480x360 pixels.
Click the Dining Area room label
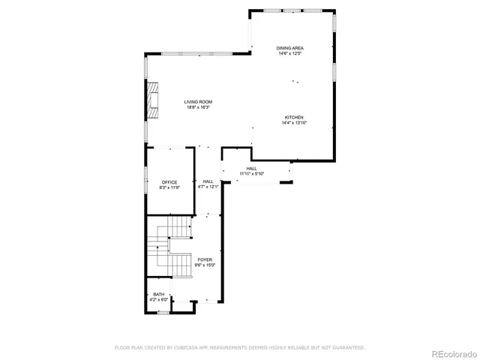pos(290,48)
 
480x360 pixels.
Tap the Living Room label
pos(199,102)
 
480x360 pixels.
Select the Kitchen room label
pos(294,117)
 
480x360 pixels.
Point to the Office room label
pos(169,181)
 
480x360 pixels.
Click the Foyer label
pos(205,259)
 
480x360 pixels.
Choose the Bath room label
pos(158,294)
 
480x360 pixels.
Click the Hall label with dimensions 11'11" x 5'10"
pos(252,169)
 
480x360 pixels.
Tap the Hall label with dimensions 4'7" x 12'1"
pos(208,181)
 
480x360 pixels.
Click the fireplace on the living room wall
pos(153,99)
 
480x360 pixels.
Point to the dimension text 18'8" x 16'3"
pos(199,107)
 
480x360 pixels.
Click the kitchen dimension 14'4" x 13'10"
pos(294,122)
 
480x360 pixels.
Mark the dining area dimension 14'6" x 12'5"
pos(290,53)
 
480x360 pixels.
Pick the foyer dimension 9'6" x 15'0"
pos(205,265)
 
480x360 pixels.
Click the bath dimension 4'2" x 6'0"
pos(158,299)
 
